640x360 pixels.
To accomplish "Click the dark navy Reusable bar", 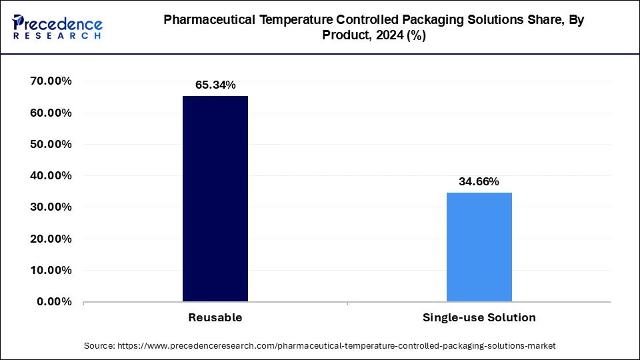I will pos(215,199).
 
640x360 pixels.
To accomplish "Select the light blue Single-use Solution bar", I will pos(479,247).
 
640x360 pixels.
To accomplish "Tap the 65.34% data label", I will pos(215,85).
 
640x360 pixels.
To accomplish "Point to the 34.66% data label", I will pos(479,181).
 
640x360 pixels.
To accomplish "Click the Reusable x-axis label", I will pos(215,318).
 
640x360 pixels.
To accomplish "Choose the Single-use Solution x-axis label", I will pos(479,318).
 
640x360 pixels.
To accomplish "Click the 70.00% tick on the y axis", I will pos(51,81).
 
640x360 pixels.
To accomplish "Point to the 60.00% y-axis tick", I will pos(51,113).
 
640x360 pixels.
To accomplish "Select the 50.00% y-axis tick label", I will pos(51,144).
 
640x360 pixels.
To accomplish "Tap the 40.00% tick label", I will pos(51,176).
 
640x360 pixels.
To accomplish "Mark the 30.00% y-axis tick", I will pos(51,207).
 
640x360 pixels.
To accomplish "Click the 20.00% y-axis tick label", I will pos(51,239).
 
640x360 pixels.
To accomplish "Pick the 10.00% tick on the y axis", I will pos(51,270).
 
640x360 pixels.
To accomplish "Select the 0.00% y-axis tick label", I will pos(54,301).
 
